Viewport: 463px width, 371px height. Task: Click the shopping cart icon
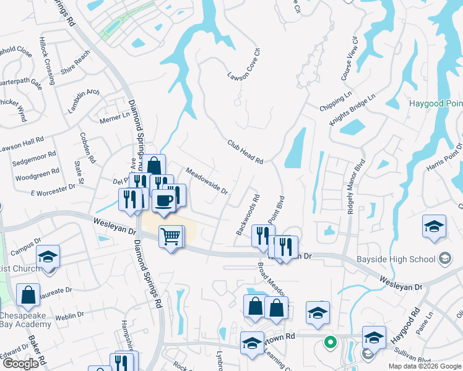click(170, 236)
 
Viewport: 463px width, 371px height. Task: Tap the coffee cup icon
click(164, 201)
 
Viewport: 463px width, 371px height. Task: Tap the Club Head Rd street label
click(245, 151)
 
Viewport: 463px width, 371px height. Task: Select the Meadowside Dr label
click(207, 181)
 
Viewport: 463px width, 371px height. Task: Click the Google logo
click(20, 364)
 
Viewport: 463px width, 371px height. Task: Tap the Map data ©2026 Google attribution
click(425, 366)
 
